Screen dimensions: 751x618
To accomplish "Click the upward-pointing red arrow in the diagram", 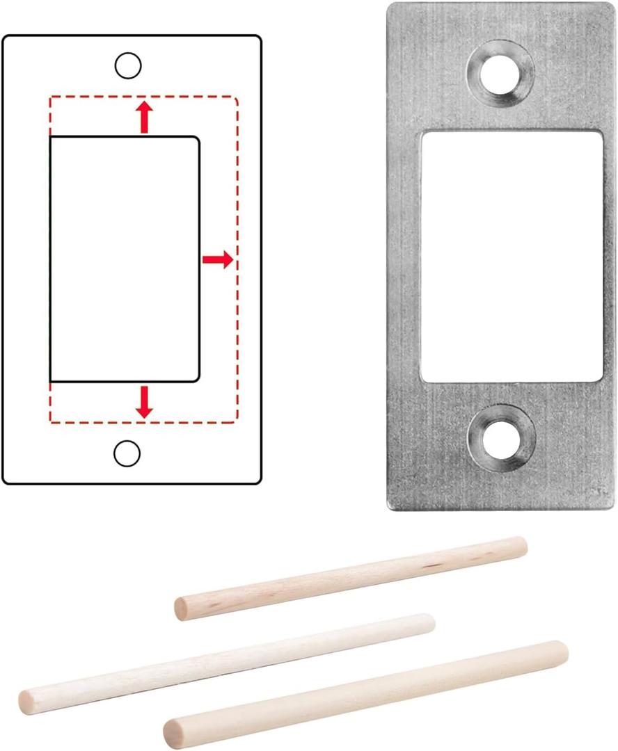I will coord(144,116).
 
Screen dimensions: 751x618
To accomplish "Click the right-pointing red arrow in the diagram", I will coord(218,260).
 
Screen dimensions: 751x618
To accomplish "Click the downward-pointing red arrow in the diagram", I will coord(144,402).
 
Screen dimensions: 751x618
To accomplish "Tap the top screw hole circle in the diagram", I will coord(127,65).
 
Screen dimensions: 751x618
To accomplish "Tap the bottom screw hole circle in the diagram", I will coord(127,453).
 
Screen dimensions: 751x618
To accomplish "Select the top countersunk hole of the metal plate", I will coord(501,73).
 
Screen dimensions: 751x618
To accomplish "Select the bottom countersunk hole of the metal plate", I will coord(501,438).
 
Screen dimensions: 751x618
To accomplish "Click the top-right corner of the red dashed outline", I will coord(237,98).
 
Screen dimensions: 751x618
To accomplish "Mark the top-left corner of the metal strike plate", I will coord(390,5).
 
